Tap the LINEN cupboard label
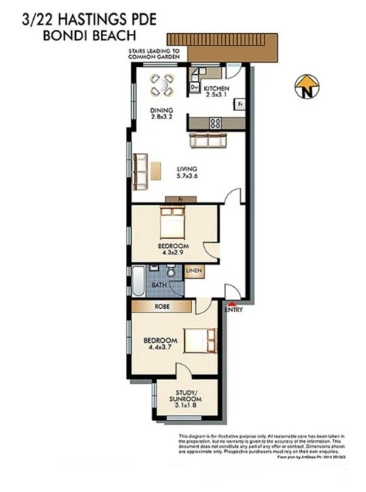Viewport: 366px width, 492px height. (194, 271)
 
